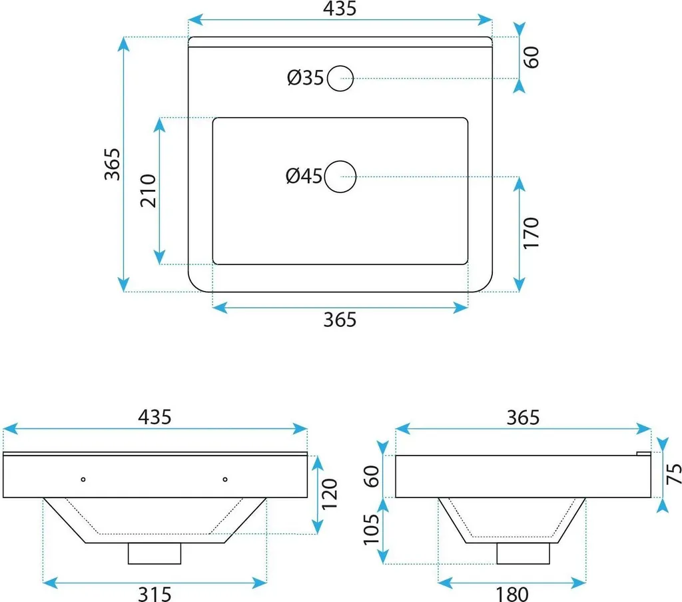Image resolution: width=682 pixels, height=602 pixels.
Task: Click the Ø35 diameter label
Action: [305, 78]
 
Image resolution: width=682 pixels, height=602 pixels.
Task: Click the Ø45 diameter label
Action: [304, 176]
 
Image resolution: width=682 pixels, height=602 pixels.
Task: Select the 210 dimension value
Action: [148, 190]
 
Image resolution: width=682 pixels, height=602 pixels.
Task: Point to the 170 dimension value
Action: [531, 233]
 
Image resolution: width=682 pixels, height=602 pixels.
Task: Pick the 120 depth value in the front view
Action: [329, 494]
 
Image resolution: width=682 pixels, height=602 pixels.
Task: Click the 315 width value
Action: [155, 594]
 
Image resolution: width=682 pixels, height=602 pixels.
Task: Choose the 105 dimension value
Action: [372, 529]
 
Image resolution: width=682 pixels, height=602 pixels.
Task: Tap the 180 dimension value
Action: [512, 594]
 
